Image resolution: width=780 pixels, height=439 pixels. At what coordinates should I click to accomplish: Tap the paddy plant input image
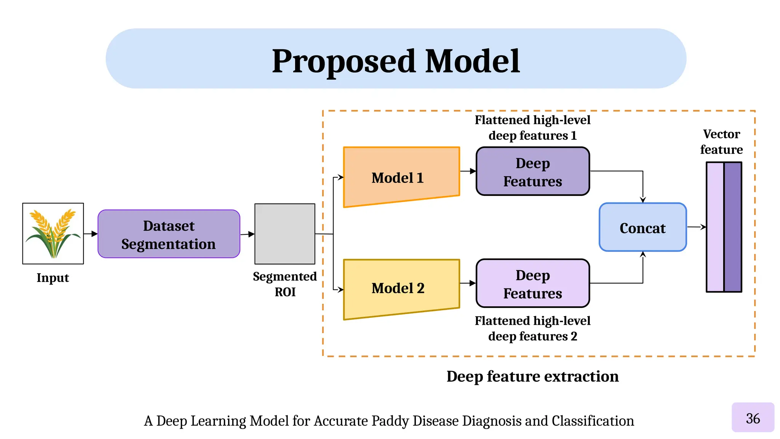click(53, 233)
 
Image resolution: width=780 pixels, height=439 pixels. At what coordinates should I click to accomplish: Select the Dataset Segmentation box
click(169, 234)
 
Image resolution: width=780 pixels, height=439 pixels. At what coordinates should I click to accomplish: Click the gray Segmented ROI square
click(285, 234)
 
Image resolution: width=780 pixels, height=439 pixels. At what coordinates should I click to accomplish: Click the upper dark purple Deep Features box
click(532, 171)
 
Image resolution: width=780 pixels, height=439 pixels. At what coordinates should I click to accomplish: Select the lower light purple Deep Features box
click(532, 284)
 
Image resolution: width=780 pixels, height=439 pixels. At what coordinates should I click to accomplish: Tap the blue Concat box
click(643, 228)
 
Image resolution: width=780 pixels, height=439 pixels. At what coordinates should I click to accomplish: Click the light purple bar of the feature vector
click(715, 227)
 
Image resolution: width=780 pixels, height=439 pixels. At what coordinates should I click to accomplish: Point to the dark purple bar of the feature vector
click(733, 227)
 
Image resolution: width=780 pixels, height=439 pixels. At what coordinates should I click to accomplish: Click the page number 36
click(753, 418)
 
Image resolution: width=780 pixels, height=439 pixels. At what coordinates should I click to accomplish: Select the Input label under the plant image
click(53, 278)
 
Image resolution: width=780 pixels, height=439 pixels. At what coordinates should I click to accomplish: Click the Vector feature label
click(721, 142)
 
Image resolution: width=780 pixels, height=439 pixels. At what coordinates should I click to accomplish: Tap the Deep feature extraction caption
click(532, 377)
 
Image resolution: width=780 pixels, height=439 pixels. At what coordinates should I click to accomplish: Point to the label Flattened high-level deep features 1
click(532, 128)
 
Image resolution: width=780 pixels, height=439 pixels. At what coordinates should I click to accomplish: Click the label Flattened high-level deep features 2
click(532, 328)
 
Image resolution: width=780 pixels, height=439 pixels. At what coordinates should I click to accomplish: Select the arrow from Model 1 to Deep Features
click(468, 171)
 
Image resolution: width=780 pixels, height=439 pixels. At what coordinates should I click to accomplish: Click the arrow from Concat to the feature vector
click(696, 227)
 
